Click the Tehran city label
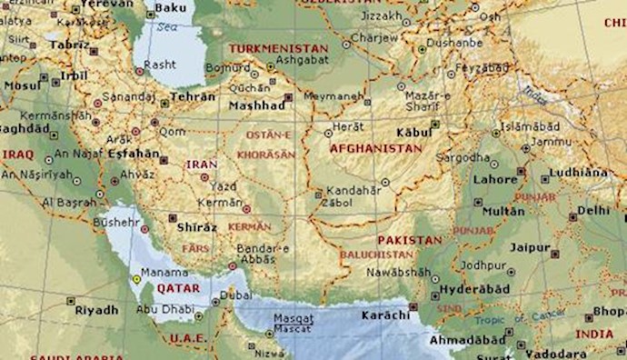pyautogui.click(x=194, y=96)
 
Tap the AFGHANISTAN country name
pyautogui.click(x=376, y=148)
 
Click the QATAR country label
pyautogui.click(x=178, y=287)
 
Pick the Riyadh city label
pyautogui.click(x=96, y=310)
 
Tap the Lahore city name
pyautogui.click(x=494, y=180)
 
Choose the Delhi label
pyautogui.click(x=593, y=210)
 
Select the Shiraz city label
pyautogui.click(x=198, y=227)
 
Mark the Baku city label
pyautogui.click(x=170, y=9)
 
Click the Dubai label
pyautogui.click(x=235, y=295)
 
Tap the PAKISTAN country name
pyautogui.click(x=407, y=240)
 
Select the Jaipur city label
pyautogui.click(x=531, y=247)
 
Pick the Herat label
pyautogui.click(x=349, y=127)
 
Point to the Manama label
pyautogui.click(x=164, y=271)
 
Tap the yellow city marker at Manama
pyautogui.click(x=136, y=279)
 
